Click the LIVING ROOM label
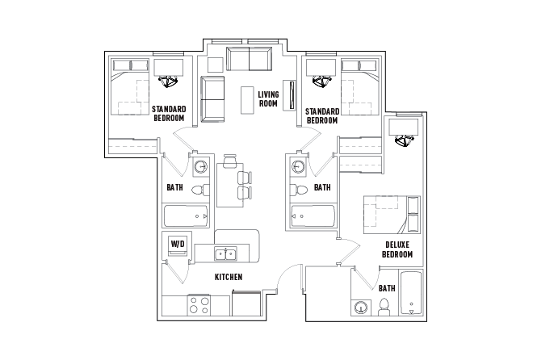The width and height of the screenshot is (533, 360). pos(268,99)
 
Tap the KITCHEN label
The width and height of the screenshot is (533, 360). pos(229,277)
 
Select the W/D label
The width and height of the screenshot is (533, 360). pos(177,243)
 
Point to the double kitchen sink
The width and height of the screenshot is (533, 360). pos(225,254)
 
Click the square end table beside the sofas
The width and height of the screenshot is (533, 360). pos(215,63)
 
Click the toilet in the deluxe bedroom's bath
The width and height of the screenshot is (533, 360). pos(384,307)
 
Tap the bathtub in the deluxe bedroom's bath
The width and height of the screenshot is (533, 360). pos(412,295)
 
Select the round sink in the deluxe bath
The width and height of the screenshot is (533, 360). pos(361,308)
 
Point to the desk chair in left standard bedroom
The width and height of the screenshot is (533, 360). pos(168,81)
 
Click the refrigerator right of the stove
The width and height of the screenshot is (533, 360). pos(246,304)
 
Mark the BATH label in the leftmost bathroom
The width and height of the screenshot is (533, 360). pos(174,188)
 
